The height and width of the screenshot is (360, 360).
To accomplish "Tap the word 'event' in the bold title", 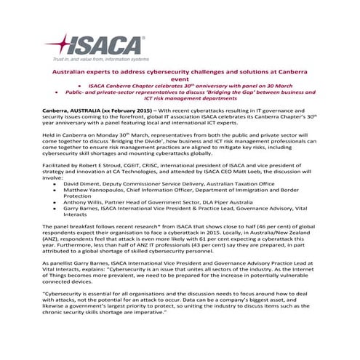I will coord(180,84).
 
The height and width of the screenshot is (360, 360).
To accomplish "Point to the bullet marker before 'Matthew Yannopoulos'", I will coord(55,191).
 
